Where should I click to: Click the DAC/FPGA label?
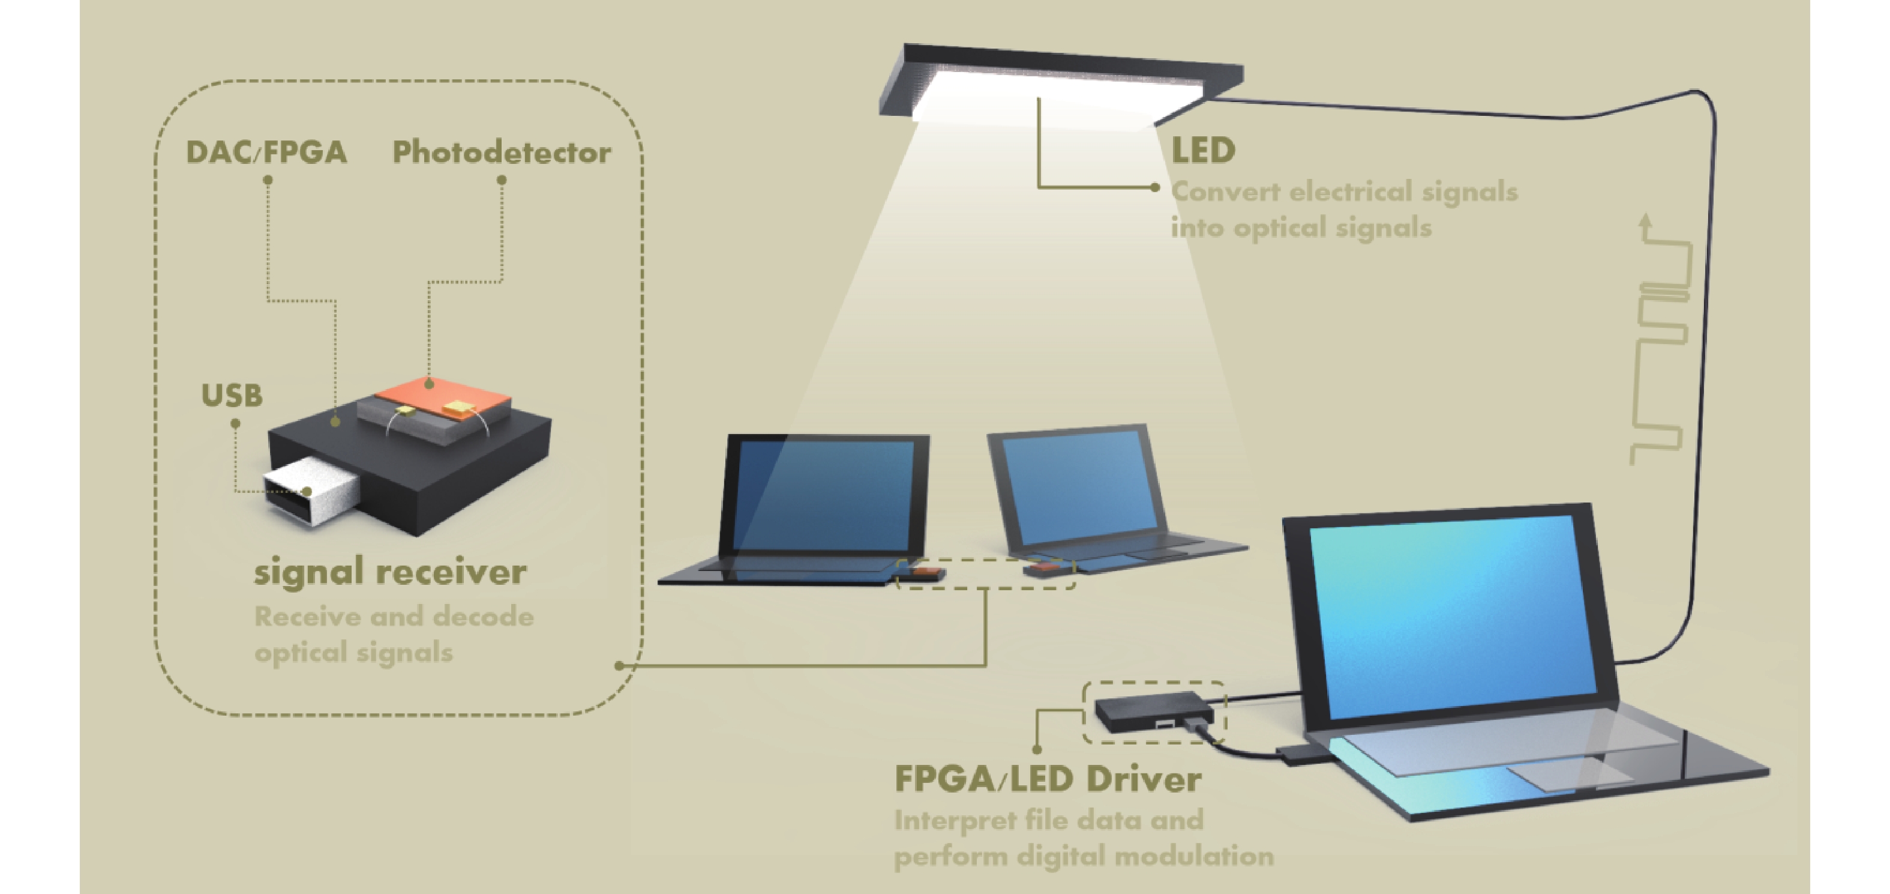pos(266,153)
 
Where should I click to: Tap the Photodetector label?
pos(502,153)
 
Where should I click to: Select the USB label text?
pos(232,396)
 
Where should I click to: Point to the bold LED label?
pos(1203,151)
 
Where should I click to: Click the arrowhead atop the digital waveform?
pos(1646,220)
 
